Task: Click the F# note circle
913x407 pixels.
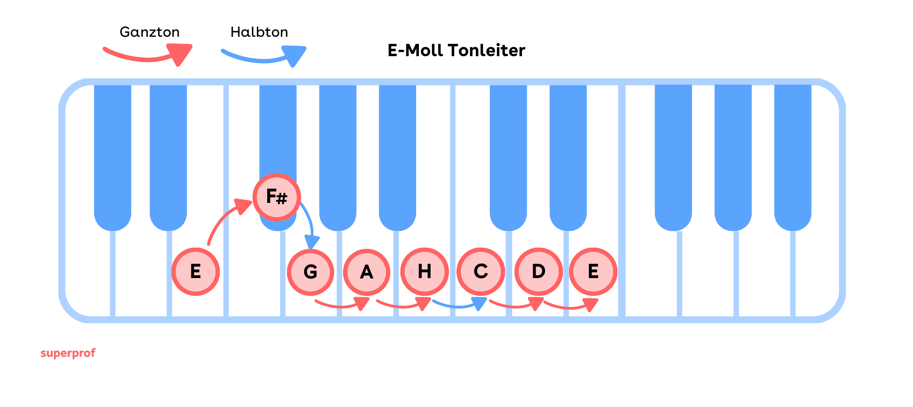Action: click(x=277, y=197)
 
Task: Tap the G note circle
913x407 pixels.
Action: click(x=311, y=272)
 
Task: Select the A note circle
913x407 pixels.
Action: click(x=367, y=272)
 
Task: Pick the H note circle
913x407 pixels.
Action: click(x=424, y=272)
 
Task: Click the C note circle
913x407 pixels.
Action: click(x=481, y=272)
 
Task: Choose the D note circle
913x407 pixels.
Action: click(x=538, y=272)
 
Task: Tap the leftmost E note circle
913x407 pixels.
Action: click(x=196, y=272)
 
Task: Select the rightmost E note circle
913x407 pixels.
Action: click(x=593, y=272)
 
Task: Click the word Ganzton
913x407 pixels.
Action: click(x=149, y=32)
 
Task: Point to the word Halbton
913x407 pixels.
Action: click(x=259, y=32)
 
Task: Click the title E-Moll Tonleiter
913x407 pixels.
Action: click(x=456, y=51)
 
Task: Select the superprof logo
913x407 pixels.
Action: click(x=68, y=353)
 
